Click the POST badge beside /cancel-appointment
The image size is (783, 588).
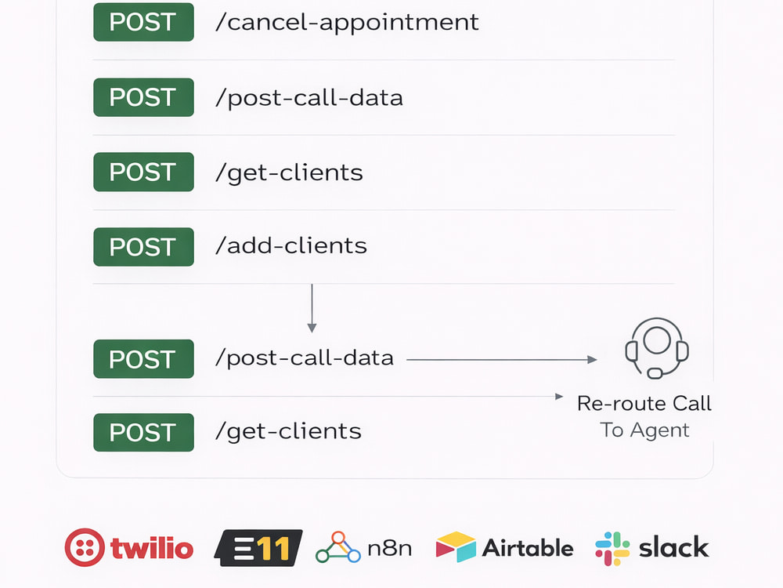point(143,22)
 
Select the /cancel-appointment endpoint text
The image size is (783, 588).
point(347,23)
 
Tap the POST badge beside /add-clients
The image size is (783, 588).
point(143,247)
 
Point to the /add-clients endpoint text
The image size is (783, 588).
point(291,246)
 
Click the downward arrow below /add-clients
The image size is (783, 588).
point(312,308)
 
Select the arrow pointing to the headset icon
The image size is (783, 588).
point(502,360)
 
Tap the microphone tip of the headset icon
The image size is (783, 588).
point(655,373)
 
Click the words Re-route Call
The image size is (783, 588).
point(644,404)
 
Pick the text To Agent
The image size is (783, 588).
point(644,430)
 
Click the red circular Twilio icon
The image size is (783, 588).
point(85,547)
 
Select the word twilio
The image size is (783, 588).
point(152,548)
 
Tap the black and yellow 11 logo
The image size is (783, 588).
point(258,548)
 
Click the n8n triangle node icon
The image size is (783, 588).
point(338,547)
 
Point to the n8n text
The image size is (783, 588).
point(389,549)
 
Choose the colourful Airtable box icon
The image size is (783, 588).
point(456,547)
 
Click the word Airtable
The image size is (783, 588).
point(528,548)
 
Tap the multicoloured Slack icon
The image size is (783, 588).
point(612,549)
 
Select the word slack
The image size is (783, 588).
point(673,547)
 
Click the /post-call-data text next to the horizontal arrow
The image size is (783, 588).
point(305,358)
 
